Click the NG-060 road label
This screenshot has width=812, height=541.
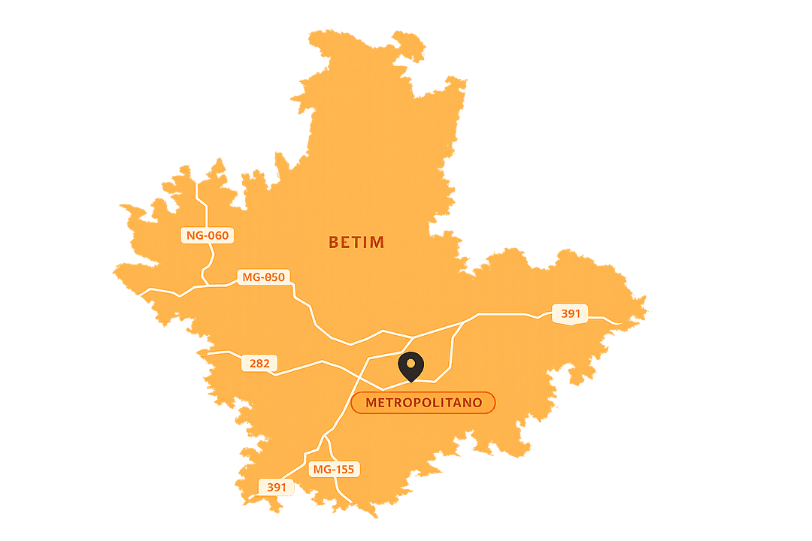(208, 236)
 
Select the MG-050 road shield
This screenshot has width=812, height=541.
(263, 277)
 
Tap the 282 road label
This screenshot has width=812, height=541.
(259, 364)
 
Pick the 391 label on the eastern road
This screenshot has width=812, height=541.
(570, 313)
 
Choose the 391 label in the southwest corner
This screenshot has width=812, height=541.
(277, 487)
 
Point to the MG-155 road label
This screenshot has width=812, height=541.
(334, 470)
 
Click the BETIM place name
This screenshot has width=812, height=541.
(356, 243)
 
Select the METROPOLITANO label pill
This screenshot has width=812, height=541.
(423, 403)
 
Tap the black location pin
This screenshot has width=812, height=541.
(411, 366)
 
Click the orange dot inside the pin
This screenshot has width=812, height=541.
(411, 364)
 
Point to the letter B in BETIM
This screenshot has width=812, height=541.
(334, 243)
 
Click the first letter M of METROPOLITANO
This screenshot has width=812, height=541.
(371, 403)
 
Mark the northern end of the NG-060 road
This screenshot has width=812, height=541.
(197, 183)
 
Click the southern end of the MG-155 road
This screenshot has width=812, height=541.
(350, 501)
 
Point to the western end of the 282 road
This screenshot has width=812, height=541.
(208, 352)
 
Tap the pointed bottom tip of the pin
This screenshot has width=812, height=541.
(411, 382)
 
